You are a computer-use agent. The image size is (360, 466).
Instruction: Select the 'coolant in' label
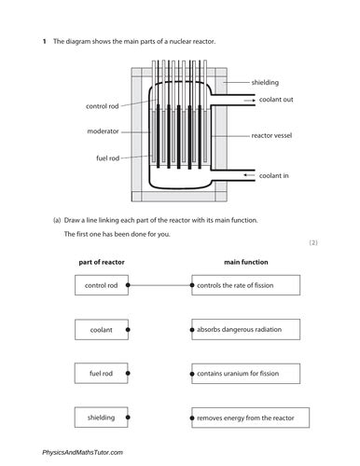tap(283, 174)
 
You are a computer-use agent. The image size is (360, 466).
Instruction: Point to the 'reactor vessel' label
tap(273, 136)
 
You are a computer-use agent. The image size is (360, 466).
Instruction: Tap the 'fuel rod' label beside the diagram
tap(106, 157)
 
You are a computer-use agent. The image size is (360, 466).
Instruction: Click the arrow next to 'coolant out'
tap(249, 100)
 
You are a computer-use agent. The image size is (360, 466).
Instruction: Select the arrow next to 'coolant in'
tap(249, 174)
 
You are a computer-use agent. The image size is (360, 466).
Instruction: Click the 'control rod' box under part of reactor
tap(101, 285)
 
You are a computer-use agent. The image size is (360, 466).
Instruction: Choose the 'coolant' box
tap(101, 329)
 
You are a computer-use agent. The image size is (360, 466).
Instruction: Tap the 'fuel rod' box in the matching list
tap(101, 374)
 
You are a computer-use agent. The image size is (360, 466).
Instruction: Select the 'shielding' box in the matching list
tap(101, 418)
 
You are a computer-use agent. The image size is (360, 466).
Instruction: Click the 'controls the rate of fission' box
tap(246, 285)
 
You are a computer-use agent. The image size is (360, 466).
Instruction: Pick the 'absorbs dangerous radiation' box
tap(246, 329)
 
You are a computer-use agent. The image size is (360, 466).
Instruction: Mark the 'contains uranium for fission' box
tap(246, 374)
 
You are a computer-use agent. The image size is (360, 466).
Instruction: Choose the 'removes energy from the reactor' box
tap(246, 418)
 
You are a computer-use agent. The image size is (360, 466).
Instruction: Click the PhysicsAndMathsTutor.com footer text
tap(82, 452)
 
